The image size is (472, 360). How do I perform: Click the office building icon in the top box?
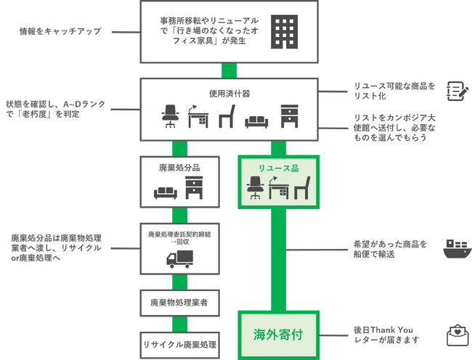284,31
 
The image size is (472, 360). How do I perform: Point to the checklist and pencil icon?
456,91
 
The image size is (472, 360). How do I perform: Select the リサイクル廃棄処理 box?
179,344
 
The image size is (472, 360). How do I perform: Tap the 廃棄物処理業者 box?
179,302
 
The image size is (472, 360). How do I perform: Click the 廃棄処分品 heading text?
179,168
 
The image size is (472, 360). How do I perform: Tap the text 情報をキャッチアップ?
61,32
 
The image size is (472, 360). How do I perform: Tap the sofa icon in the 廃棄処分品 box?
166,192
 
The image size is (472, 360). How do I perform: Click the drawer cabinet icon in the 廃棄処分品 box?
194,189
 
